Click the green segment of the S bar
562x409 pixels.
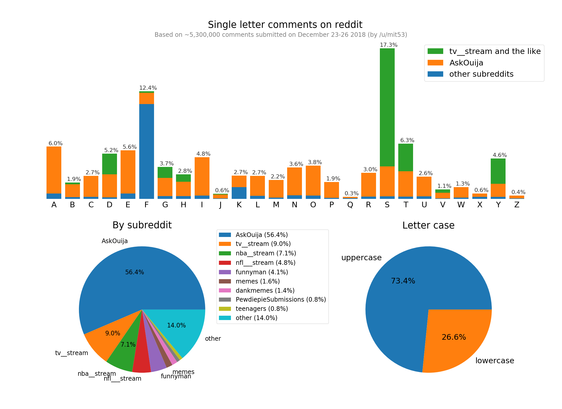[387, 107]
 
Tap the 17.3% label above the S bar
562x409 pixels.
[389, 45]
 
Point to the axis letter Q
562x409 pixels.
[350, 205]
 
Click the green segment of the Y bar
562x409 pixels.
[498, 171]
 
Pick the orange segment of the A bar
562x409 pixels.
[54, 170]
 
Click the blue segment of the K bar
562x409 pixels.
[239, 193]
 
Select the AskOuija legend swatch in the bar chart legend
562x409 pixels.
[435, 63]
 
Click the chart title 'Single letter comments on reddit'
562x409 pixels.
[285, 25]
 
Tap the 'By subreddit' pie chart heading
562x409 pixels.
[142, 225]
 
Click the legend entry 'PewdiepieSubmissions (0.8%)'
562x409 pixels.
[280, 300]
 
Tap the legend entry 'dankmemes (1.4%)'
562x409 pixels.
[265, 290]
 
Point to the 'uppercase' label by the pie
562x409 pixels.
[361, 258]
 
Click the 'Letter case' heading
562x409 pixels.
[428, 225]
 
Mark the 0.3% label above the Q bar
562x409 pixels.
[352, 194]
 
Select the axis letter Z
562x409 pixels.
[517, 205]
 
